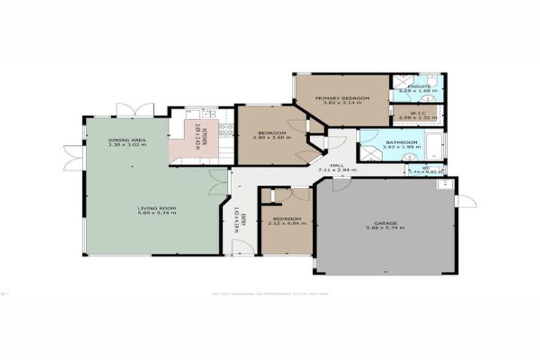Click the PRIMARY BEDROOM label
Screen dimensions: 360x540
(342, 98)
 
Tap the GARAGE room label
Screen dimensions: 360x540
(385, 223)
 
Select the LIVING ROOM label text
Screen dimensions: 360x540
(156, 208)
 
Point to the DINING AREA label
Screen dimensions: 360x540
(127, 141)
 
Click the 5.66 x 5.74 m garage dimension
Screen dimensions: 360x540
(385, 229)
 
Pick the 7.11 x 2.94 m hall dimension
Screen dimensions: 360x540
(337, 170)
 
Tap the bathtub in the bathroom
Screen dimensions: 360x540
(435, 146)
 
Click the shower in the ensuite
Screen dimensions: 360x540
(404, 81)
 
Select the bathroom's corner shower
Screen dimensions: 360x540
(368, 153)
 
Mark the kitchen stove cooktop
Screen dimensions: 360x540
(226, 129)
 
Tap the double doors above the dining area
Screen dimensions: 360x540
(134, 110)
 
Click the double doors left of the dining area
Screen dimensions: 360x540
(73, 157)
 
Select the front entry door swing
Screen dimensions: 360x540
(243, 247)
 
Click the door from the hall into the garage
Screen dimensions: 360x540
(341, 184)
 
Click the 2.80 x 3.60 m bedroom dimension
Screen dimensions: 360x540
(271, 139)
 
